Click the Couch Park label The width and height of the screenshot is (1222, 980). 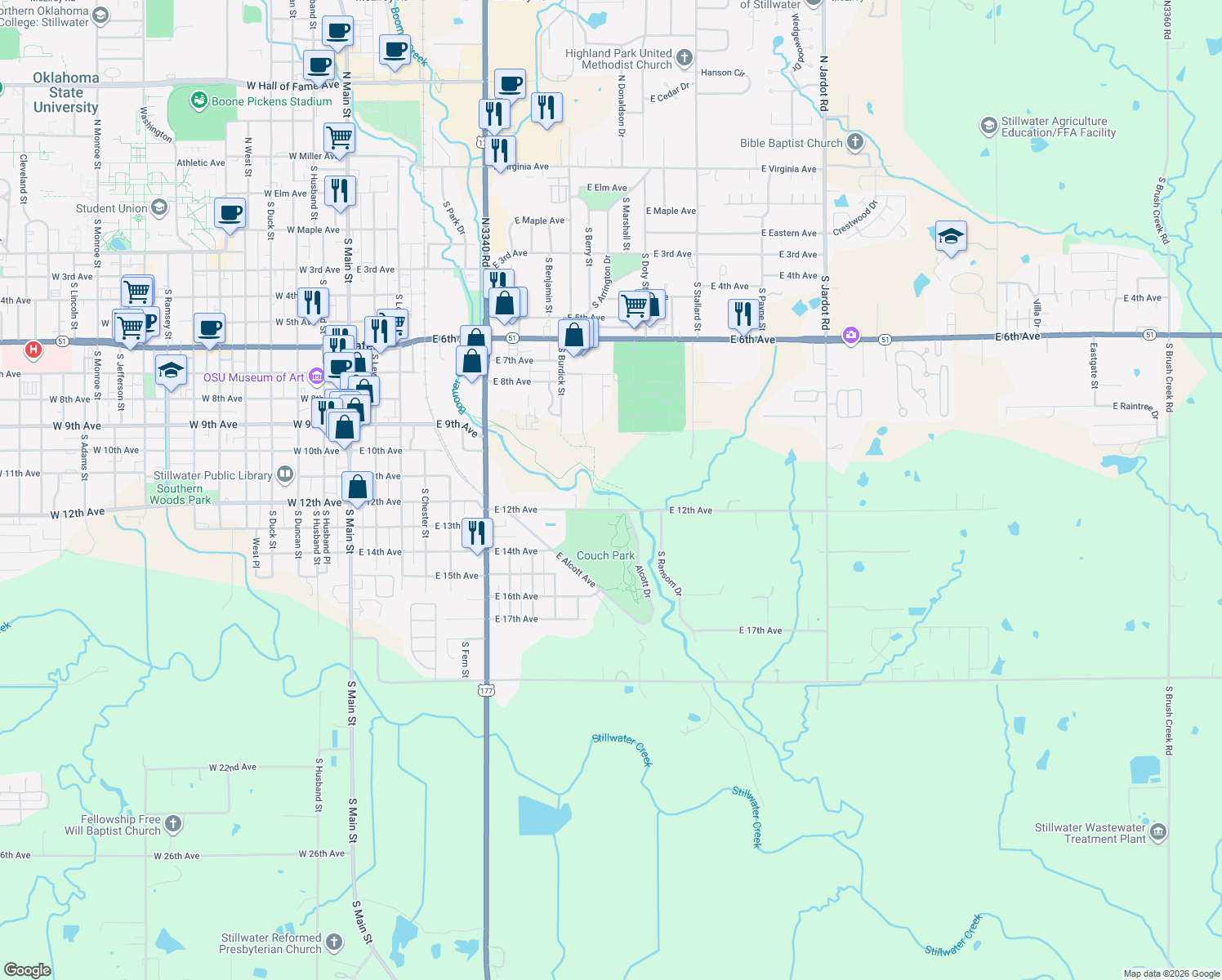click(x=605, y=555)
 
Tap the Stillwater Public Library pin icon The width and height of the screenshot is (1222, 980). click(x=285, y=474)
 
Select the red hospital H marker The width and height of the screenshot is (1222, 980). click(x=33, y=350)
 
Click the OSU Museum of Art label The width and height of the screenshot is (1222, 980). click(x=253, y=377)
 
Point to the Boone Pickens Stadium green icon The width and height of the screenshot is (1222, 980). click(x=198, y=100)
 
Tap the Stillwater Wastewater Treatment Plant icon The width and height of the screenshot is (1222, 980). click(x=1157, y=833)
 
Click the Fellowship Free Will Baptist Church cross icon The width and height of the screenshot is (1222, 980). click(x=173, y=824)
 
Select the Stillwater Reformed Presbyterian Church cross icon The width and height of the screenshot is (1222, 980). click(x=334, y=942)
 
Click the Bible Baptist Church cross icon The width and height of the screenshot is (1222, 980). click(x=854, y=142)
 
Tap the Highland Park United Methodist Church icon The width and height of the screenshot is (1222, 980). click(x=685, y=58)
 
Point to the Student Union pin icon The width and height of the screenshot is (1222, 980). click(x=159, y=207)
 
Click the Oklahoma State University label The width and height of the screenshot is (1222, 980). click(x=66, y=92)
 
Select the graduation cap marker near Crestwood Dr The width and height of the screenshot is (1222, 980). click(x=950, y=237)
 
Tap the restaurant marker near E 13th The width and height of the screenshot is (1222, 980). click(x=477, y=532)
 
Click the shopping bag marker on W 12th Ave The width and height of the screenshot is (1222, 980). click(x=357, y=487)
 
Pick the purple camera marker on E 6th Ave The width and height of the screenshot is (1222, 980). click(x=851, y=336)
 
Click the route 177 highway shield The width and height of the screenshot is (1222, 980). click(x=487, y=690)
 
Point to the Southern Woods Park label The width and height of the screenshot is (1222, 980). click(x=180, y=494)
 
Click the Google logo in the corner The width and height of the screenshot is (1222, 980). click(x=27, y=970)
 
